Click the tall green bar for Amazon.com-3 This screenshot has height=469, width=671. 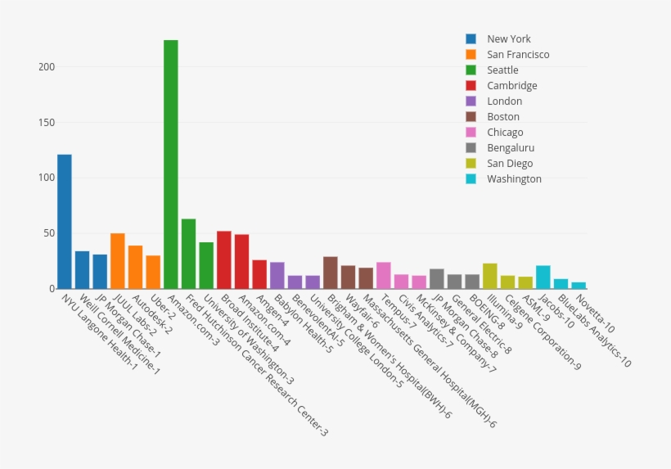pyautogui.click(x=171, y=164)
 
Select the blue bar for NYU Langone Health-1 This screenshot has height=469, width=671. pyautogui.click(x=65, y=221)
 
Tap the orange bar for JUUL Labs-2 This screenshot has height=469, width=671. pyautogui.click(x=118, y=261)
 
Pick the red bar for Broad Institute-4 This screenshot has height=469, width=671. pyautogui.click(x=224, y=259)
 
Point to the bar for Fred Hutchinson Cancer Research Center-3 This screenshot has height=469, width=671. pyautogui.click(x=188, y=254)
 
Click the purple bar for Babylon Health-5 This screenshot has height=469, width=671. pyautogui.click(x=277, y=275)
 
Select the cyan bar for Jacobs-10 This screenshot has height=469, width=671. pyautogui.click(x=543, y=277)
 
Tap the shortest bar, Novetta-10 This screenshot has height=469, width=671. pyautogui.click(x=579, y=285)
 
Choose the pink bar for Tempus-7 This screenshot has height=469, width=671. pyautogui.click(x=384, y=275)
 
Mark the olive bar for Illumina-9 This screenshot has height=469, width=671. pyautogui.click(x=490, y=276)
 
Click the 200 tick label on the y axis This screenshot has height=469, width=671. pyautogui.click(x=47, y=67)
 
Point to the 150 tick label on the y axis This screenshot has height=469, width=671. pyautogui.click(x=47, y=123)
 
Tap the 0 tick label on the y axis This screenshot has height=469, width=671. pyautogui.click(x=51, y=289)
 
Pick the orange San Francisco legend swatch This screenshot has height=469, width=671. pyautogui.click(x=471, y=55)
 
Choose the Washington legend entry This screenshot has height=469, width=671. pyautogui.click(x=514, y=179)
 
